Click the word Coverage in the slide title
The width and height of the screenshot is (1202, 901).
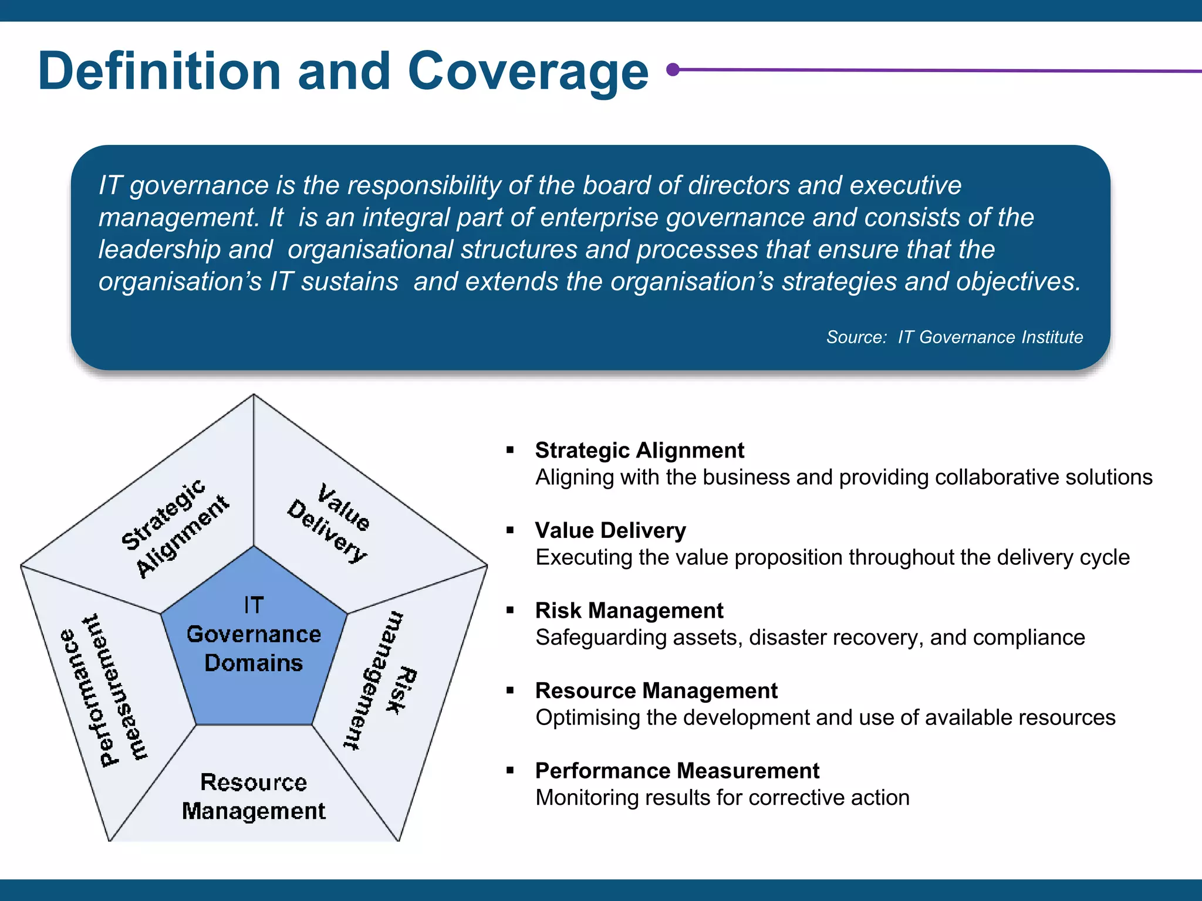[528, 72]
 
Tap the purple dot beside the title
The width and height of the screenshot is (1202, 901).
[674, 70]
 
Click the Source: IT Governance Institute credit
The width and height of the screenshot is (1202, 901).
[954, 337]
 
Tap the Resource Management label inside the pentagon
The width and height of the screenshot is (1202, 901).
[254, 797]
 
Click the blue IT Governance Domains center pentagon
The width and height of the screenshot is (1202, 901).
[254, 639]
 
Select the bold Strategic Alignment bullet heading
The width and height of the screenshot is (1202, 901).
[639, 450]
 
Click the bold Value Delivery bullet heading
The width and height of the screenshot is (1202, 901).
[610, 530]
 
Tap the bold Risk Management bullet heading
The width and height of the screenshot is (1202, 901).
[629, 611]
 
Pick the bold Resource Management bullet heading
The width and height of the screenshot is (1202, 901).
[656, 690]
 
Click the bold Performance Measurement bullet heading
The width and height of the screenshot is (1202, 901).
[677, 771]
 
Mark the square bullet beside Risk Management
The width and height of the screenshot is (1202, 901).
[510, 611]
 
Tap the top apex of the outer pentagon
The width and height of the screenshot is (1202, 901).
[254, 395]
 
